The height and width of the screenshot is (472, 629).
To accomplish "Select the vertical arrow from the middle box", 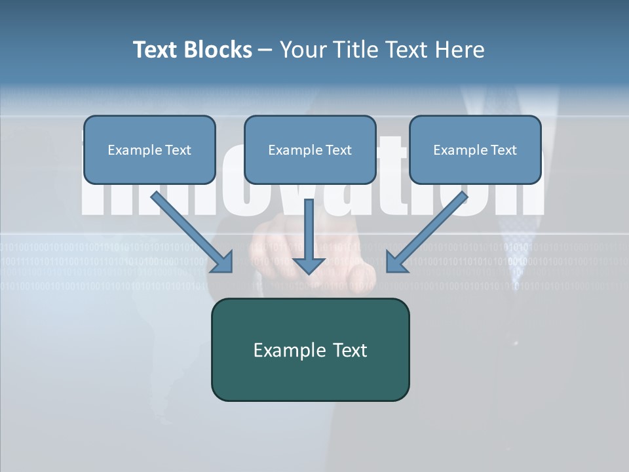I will coord(309,229).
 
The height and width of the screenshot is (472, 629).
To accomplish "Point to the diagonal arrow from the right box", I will coord(429,229).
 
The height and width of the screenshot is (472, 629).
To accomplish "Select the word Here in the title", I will coord(459,50).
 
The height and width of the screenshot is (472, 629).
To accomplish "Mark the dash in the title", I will coord(265,50).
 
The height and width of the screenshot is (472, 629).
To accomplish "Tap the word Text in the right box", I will coord(503,150).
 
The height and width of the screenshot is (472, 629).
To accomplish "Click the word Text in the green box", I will coord(350,350).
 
